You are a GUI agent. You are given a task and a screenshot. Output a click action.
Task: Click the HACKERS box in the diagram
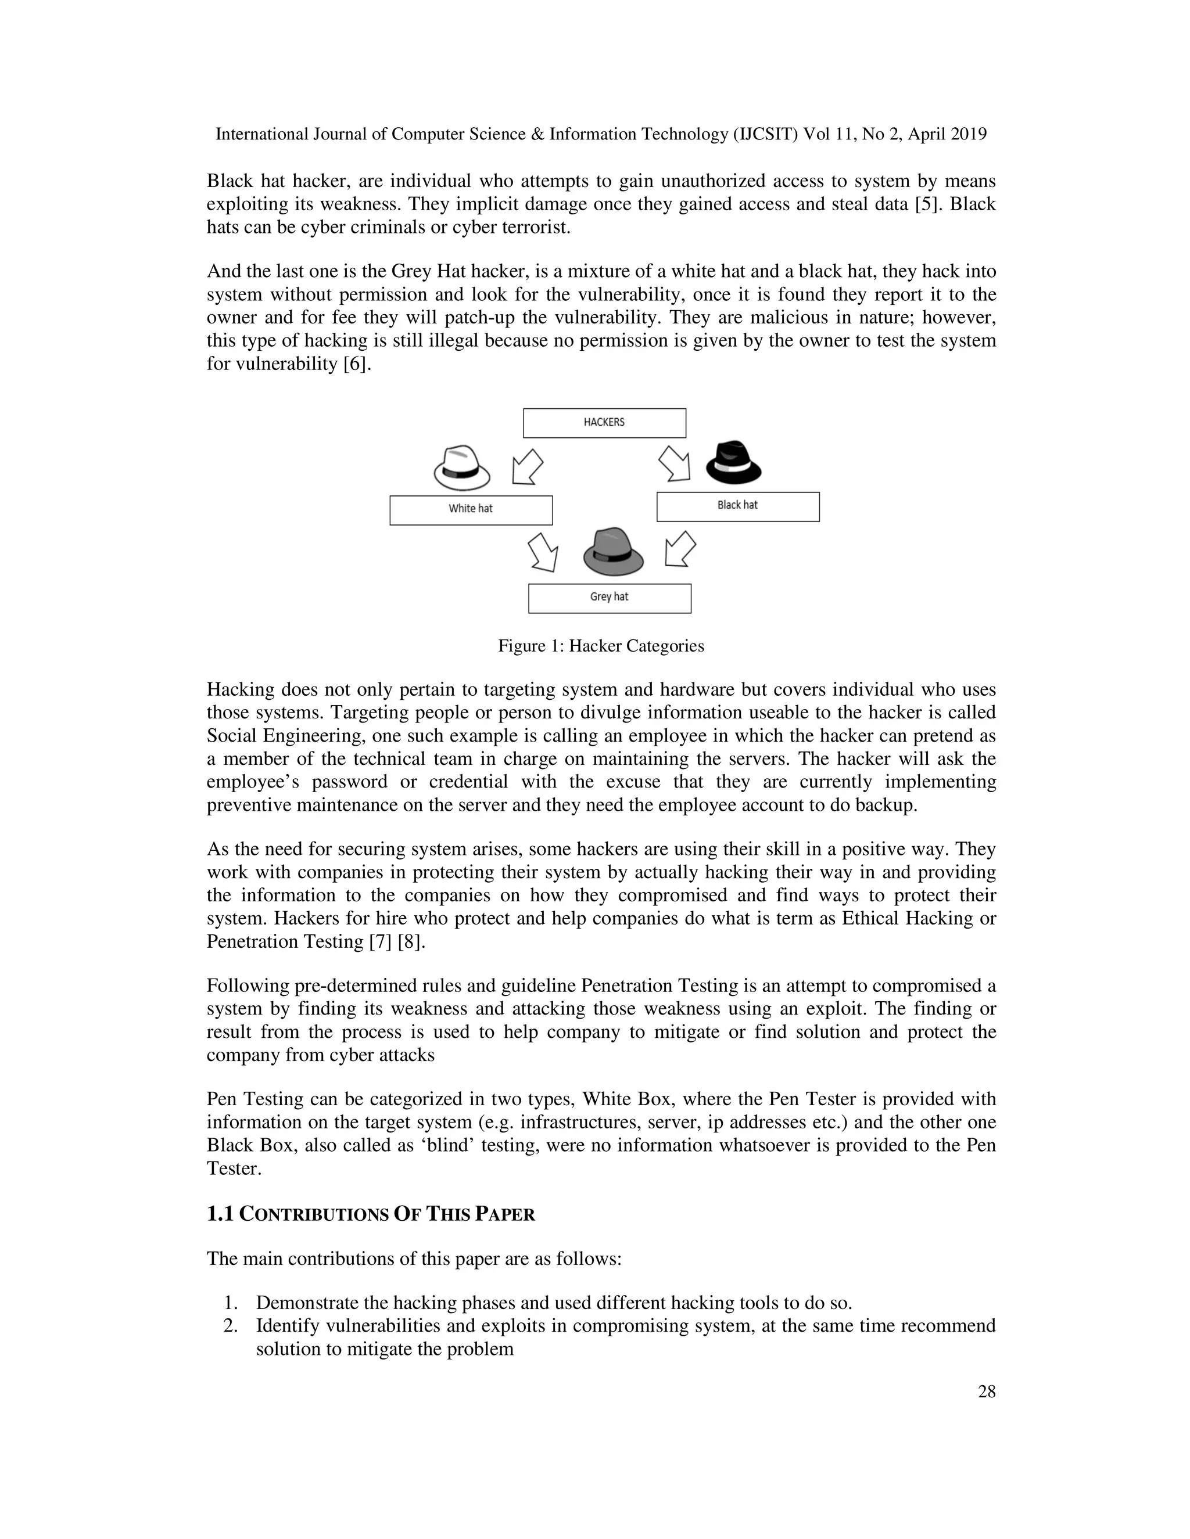coord(604,423)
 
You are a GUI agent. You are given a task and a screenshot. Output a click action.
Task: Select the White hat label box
coord(471,510)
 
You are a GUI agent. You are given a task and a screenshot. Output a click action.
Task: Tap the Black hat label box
coord(737,506)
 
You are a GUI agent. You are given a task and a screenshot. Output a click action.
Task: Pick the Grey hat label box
coord(609,598)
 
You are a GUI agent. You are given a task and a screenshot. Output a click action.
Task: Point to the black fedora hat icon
coord(733,463)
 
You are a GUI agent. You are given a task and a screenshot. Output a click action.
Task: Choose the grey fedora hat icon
coord(614,551)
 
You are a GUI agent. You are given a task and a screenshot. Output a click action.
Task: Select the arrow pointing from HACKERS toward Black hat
coord(675,463)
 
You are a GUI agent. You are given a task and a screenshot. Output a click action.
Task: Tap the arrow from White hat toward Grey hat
coord(544,551)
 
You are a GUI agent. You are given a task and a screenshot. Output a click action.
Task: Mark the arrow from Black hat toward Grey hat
coord(680,549)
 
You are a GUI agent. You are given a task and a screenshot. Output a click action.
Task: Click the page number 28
coord(986,1391)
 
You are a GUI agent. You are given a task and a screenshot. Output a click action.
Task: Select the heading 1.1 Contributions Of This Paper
coord(371,1214)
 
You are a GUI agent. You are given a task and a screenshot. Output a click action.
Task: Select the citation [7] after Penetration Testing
coord(380,941)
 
